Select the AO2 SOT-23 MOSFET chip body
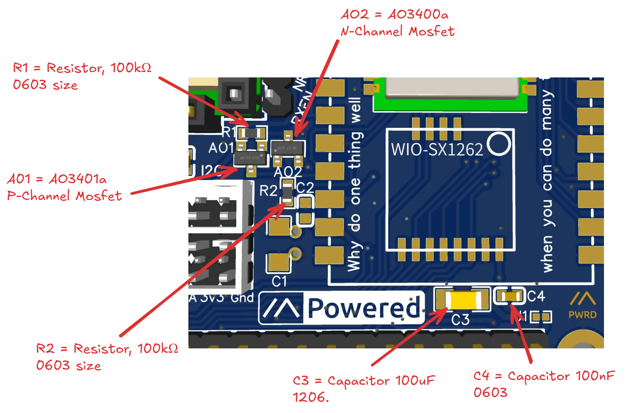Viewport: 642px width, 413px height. (x=288, y=148)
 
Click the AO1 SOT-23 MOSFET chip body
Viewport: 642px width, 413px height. (x=251, y=158)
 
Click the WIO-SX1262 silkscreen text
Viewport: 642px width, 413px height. (x=437, y=149)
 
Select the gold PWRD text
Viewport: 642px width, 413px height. (x=582, y=315)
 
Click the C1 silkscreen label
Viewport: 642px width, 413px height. (x=279, y=281)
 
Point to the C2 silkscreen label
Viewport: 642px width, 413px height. (x=305, y=187)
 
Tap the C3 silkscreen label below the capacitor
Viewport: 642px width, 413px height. (x=460, y=319)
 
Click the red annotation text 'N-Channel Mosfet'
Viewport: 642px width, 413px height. (x=397, y=32)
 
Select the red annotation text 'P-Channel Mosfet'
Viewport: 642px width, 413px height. (x=64, y=196)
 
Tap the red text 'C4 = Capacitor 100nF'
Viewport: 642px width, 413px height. (x=544, y=376)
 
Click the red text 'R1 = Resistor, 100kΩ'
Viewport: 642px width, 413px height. (x=82, y=68)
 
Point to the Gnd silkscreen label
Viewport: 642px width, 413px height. (x=242, y=298)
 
